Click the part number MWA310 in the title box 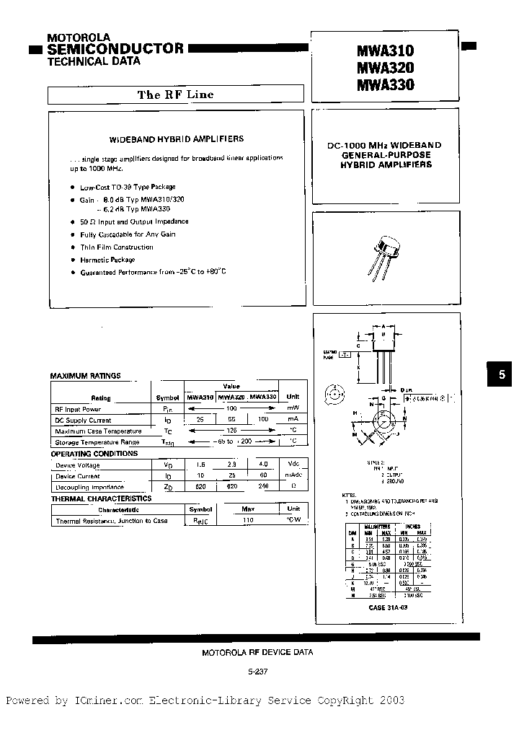pyautogui.click(x=385, y=51)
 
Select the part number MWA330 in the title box pyautogui.click(x=385, y=85)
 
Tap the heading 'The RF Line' pyautogui.click(x=175, y=95)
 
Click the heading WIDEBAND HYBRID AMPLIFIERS pyautogui.click(x=176, y=138)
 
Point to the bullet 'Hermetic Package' pyautogui.click(x=107, y=260)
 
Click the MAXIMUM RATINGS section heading pyautogui.click(x=85, y=376)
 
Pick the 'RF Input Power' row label pyautogui.click(x=79, y=408)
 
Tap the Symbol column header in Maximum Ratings pyautogui.click(x=167, y=397)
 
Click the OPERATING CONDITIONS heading pyautogui.click(x=94, y=454)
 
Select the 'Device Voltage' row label pyautogui.click(x=79, y=465)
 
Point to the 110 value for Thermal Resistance pyautogui.click(x=247, y=520)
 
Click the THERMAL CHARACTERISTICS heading pyautogui.click(x=101, y=498)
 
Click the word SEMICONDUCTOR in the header pyautogui.click(x=115, y=48)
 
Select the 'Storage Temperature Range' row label pyautogui.click(x=97, y=442)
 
